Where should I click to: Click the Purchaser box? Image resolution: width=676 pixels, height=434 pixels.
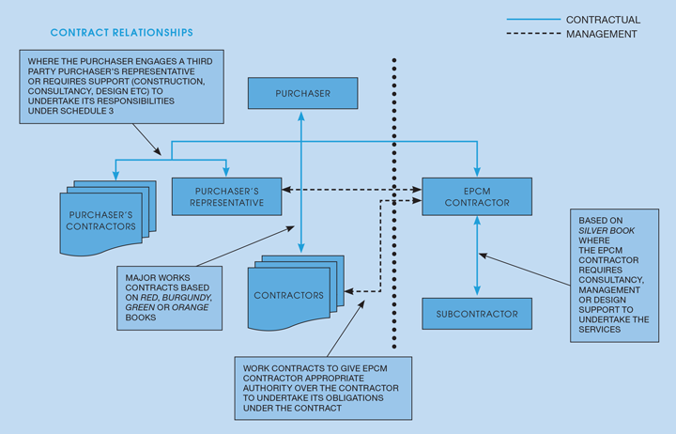pos(302,94)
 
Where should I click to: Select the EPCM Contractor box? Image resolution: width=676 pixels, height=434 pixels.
pos(478,194)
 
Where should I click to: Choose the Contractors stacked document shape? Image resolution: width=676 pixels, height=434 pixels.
pos(288,296)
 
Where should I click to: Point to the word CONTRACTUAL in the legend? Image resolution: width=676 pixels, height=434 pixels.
pos(604,19)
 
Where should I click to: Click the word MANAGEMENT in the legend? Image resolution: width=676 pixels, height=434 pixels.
pos(602,34)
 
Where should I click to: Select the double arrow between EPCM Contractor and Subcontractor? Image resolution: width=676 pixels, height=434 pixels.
pos(478,255)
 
